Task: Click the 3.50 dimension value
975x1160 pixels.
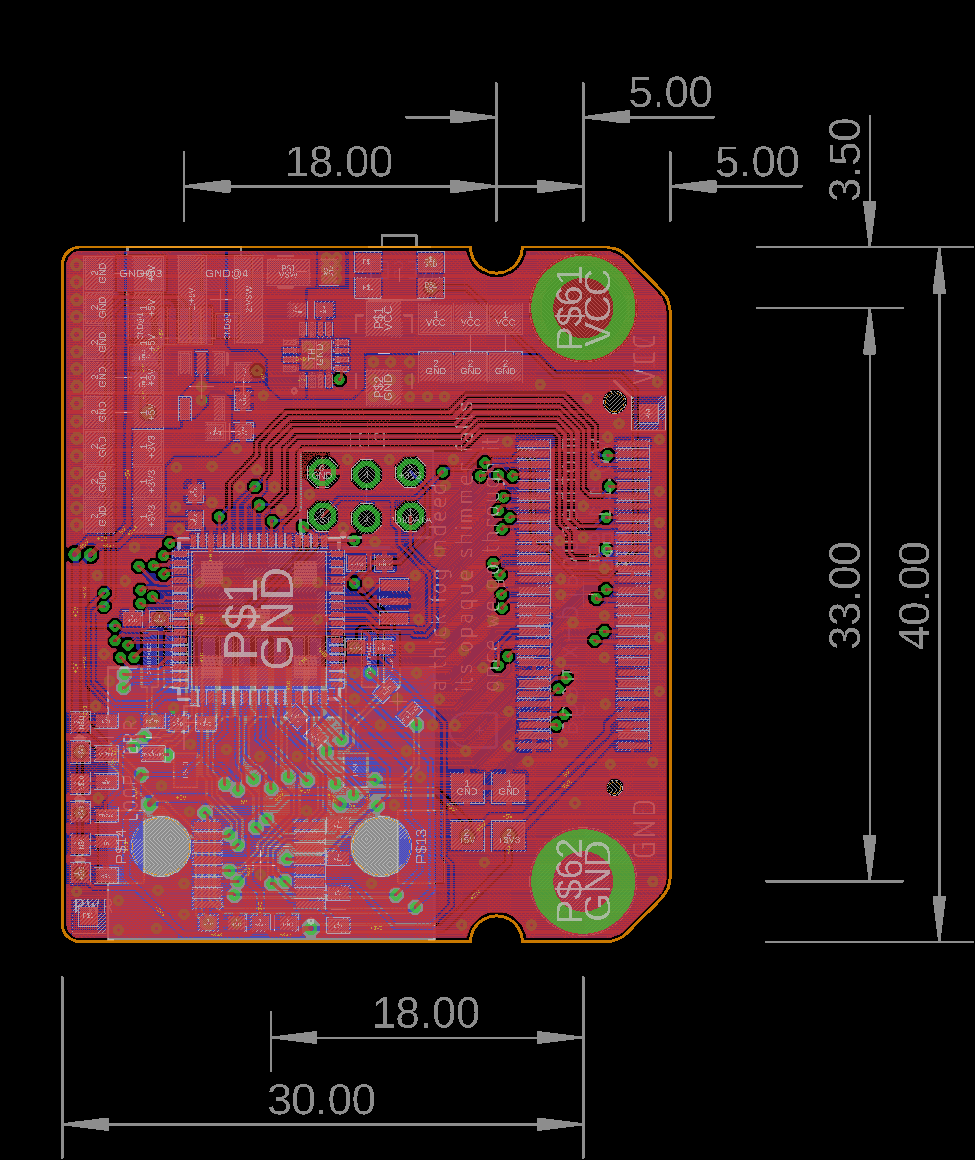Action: pyautogui.click(x=845, y=160)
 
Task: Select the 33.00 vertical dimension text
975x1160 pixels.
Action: pyautogui.click(x=845, y=595)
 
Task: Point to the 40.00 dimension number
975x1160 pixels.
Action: pyautogui.click(x=914, y=595)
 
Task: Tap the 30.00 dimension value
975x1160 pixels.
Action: pyautogui.click(x=322, y=1100)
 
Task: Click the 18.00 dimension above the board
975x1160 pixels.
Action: pyautogui.click(x=339, y=162)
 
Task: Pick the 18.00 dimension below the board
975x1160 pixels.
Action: pyautogui.click(x=426, y=1013)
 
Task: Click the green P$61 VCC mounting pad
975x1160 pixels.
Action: pyautogui.click(x=583, y=308)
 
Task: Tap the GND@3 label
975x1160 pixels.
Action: pyautogui.click(x=141, y=273)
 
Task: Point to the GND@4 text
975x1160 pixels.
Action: pyautogui.click(x=227, y=273)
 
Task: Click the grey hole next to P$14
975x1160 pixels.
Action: pyautogui.click(x=161, y=846)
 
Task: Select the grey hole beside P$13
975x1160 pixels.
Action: pyautogui.click(x=381, y=846)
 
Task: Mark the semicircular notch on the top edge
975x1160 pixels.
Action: pyautogui.click(x=496, y=260)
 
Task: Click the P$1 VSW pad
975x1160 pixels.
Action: pyautogui.click(x=288, y=271)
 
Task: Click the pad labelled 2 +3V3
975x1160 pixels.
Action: pyautogui.click(x=509, y=837)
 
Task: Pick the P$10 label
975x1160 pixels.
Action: pyautogui.click(x=185, y=769)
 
